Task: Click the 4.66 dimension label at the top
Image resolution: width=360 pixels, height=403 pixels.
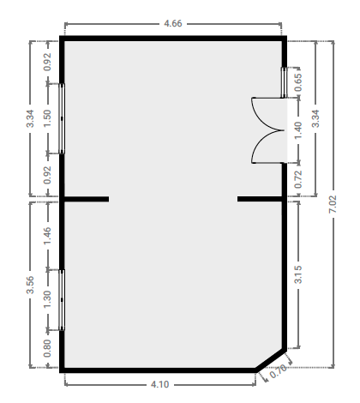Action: click(x=173, y=23)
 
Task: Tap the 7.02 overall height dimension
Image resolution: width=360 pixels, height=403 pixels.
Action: click(x=333, y=204)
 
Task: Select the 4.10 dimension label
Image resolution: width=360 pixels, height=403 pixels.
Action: click(x=159, y=384)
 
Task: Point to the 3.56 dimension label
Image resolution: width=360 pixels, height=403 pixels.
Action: click(x=30, y=285)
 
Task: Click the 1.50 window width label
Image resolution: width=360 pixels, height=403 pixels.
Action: click(x=47, y=118)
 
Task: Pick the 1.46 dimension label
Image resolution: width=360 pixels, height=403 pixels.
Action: click(x=47, y=236)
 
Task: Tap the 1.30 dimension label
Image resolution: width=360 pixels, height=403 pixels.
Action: click(x=47, y=299)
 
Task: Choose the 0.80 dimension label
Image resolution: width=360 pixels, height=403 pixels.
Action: click(x=47, y=348)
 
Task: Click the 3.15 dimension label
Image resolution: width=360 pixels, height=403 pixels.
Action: click(x=298, y=274)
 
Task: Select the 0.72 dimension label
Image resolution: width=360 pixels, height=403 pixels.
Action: click(x=298, y=179)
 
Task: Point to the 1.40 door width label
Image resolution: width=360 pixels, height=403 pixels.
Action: click(x=298, y=130)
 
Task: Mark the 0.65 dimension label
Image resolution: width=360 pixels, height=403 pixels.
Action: click(x=298, y=82)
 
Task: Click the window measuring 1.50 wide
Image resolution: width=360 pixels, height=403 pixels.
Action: click(x=62, y=118)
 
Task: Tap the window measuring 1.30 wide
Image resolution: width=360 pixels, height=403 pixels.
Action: click(x=62, y=300)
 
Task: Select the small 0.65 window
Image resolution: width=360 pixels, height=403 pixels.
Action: click(x=284, y=82)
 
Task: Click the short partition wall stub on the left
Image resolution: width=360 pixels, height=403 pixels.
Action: click(x=87, y=199)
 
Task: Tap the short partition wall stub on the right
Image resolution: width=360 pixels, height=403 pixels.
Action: click(x=260, y=199)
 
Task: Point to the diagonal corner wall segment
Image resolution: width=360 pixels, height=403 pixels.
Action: click(x=271, y=360)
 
